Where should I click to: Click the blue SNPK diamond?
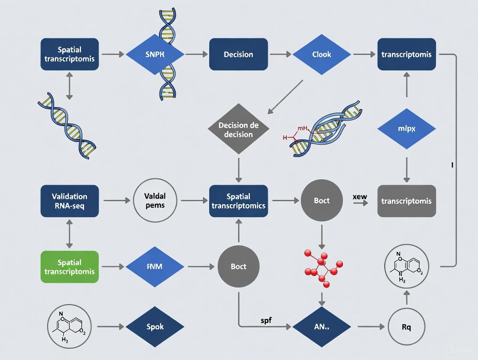155,55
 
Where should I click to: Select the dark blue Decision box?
238,55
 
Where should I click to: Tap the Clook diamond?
322,55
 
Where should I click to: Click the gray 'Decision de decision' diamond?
239,129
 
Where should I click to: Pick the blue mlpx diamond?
406,129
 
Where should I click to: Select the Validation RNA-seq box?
70,201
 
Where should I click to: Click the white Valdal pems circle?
155,201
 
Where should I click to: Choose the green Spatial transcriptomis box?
70,267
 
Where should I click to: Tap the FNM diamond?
155,267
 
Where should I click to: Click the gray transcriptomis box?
406,201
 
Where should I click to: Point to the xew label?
360,196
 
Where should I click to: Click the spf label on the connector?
266,321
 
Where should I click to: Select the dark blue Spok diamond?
155,327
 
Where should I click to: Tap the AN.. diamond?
322,327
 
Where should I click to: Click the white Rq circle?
406,327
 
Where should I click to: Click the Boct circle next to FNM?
239,267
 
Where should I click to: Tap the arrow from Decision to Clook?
280,55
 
